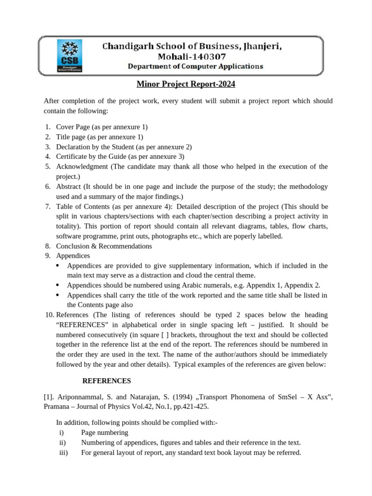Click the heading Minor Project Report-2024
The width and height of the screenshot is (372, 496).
(186, 84)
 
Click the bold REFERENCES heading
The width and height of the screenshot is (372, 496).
(107, 381)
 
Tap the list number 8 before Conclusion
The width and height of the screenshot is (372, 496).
(48, 246)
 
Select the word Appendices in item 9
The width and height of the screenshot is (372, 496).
(73, 256)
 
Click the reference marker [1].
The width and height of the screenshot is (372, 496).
(49, 398)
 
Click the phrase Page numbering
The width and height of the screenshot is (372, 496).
(105, 433)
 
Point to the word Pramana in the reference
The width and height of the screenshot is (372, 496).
(57, 407)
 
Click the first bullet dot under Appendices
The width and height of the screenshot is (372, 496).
(58, 266)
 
